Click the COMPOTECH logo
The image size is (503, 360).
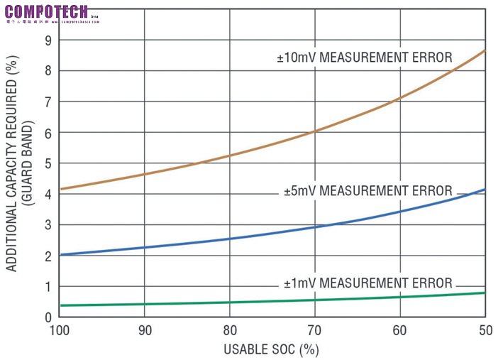tap(46, 11)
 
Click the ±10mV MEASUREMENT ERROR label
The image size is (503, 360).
tap(364, 58)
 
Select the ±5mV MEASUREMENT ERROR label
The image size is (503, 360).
tap(367, 191)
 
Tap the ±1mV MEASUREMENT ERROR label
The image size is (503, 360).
tap(367, 283)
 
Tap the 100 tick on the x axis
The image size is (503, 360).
tap(60, 330)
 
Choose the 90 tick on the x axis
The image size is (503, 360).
tap(145, 330)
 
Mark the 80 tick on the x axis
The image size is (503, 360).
tap(230, 330)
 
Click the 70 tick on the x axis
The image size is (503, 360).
tap(315, 330)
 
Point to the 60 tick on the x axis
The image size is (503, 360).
tap(400, 330)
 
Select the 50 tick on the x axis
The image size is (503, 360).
tap(485, 330)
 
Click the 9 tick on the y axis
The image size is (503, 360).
tap(48, 40)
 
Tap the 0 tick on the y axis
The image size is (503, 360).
tap(48, 317)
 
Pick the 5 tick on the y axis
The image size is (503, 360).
tap(48, 163)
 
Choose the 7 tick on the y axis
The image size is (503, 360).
tap(48, 102)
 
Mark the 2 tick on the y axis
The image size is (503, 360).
tap(48, 256)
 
